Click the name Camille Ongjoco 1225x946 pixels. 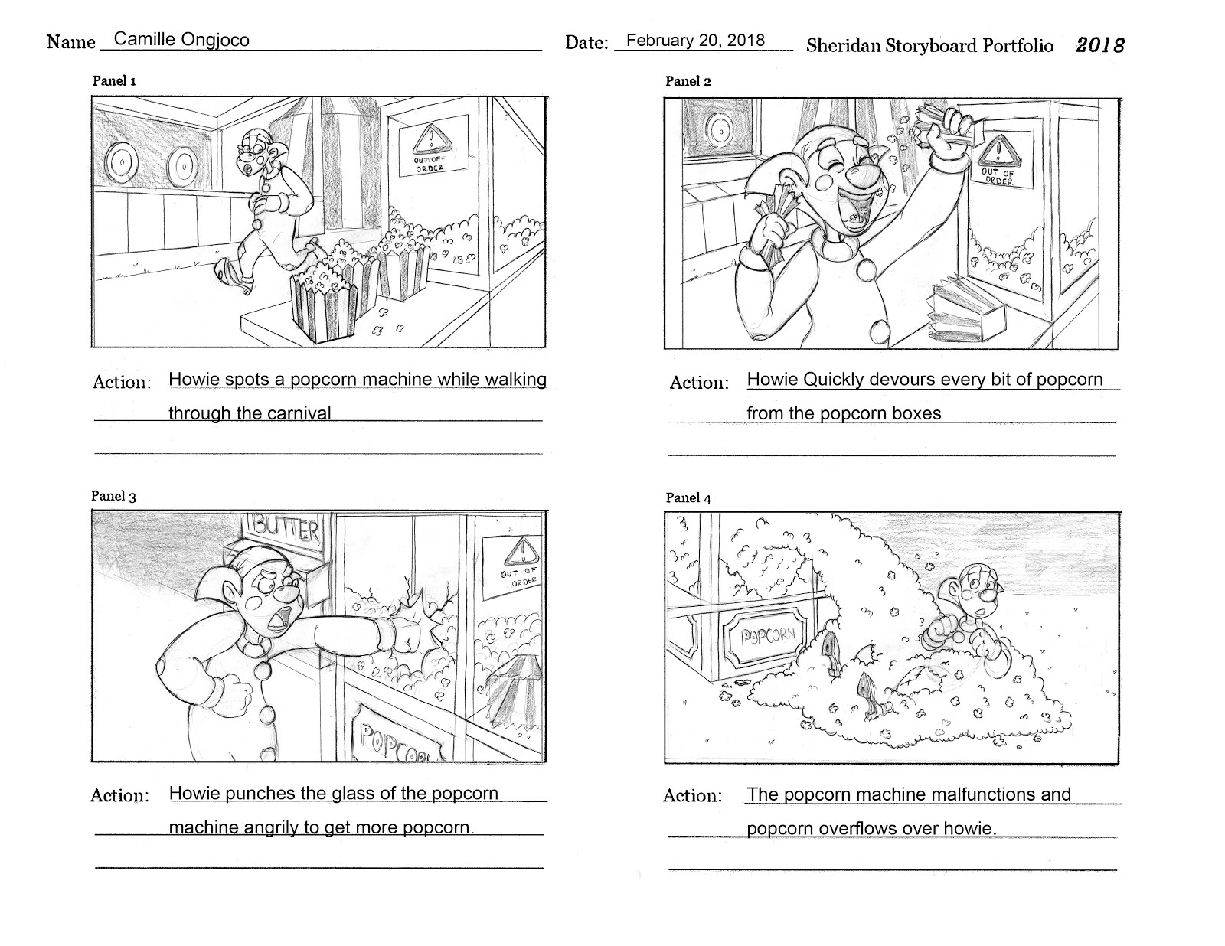[x=181, y=40]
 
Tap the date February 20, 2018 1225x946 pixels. [x=695, y=41]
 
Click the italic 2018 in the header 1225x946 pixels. [x=1100, y=45]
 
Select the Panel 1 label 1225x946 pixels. [x=114, y=80]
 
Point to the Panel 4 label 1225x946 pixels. [x=688, y=498]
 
